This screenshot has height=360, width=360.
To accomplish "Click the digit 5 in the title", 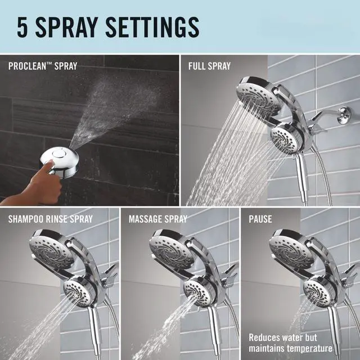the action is click(22, 27).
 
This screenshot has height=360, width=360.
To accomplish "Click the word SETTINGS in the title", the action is click(152, 27).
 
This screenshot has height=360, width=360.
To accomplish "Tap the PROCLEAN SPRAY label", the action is click(43, 66).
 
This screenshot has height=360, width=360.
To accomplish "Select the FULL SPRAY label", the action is click(209, 66).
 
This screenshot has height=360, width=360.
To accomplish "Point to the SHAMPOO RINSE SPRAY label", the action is click(51, 219).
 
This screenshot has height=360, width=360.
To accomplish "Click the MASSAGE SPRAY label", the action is click(158, 219).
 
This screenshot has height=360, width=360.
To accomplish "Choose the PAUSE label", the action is click(260, 219).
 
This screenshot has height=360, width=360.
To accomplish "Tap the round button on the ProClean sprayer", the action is click(56, 154).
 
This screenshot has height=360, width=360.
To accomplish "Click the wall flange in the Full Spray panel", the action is click(344, 115).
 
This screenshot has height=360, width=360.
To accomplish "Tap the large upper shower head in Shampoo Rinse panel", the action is click(52, 250).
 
